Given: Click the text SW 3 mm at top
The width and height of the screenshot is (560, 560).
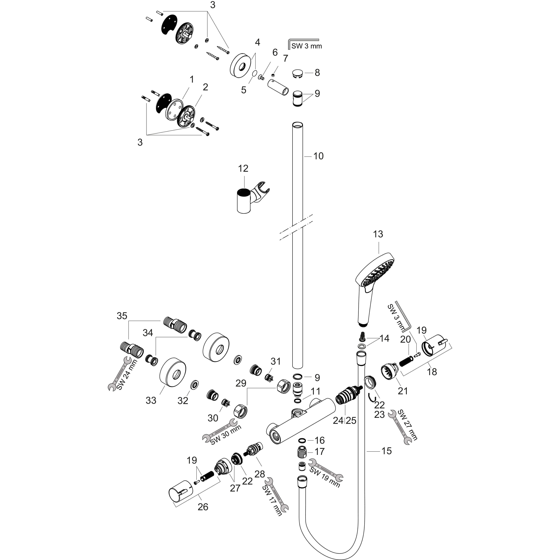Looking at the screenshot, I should point(306,46).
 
